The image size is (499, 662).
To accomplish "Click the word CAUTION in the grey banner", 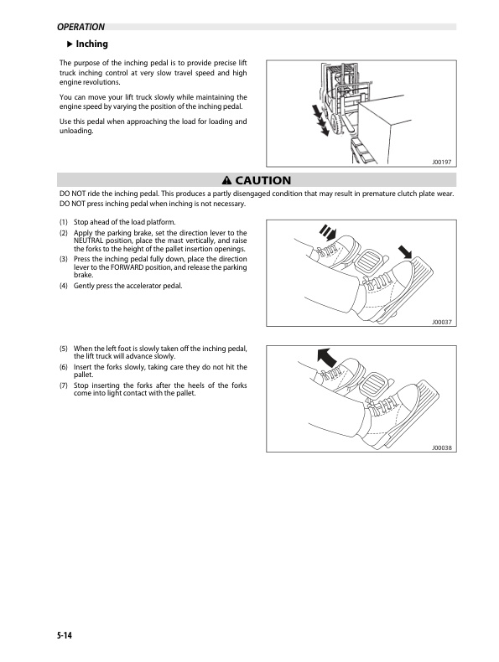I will [x=262, y=180].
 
